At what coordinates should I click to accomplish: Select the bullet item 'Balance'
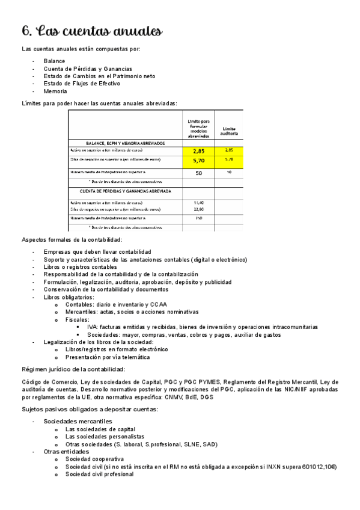pos(54,61)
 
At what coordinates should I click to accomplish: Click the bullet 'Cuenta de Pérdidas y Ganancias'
pos(88,69)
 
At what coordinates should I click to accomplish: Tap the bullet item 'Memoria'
pos(55,91)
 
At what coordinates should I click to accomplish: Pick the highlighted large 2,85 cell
pos(199,150)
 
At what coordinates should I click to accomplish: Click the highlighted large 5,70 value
pos(199,161)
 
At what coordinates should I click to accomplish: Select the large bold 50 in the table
pos(198,173)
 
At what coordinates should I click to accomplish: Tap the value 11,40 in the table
pos(199,202)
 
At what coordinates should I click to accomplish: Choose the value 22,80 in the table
pos(199,209)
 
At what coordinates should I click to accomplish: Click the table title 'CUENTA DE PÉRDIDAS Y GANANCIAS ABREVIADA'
pos(126,191)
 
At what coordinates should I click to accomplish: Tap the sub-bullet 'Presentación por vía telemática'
pos(108,357)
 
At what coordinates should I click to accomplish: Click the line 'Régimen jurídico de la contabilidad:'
pos(73,369)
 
